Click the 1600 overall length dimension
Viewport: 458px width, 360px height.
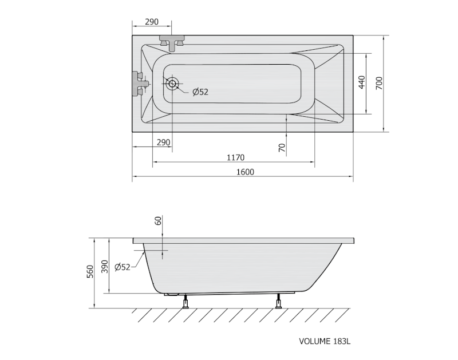tap(245, 172)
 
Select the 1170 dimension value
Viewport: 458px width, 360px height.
tap(235, 157)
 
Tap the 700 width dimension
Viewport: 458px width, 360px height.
tap(379, 83)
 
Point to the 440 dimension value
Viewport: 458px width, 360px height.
tap(362, 82)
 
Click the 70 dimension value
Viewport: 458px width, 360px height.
tap(282, 148)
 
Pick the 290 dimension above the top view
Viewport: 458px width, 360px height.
tap(152, 22)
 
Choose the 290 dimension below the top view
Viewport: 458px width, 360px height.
tap(163, 143)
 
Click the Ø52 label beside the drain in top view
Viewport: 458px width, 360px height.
tap(200, 92)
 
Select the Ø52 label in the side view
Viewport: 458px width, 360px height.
tap(123, 267)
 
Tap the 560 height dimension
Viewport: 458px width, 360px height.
tap(90, 271)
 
